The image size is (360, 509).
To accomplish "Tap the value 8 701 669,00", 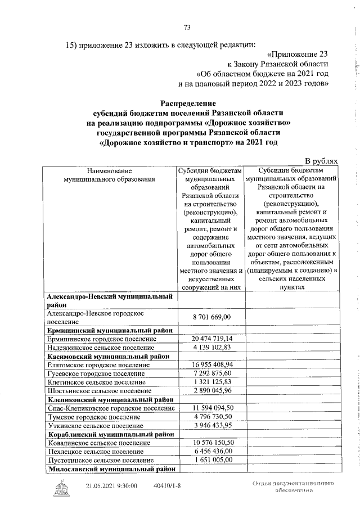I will click(x=212, y=318).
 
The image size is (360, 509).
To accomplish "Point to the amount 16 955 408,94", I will click(x=212, y=364).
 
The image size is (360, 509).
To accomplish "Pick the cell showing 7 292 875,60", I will click(x=212, y=373).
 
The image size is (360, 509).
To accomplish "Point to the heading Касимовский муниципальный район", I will click(x=108, y=356).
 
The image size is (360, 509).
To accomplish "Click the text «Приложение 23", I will click(x=298, y=55).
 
